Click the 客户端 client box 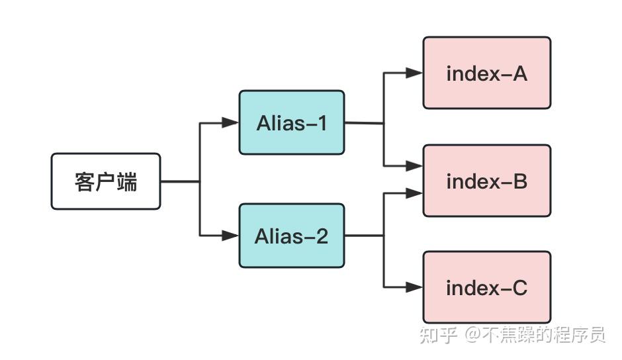[x=106, y=181]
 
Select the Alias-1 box [x=291, y=122]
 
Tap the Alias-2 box [x=291, y=236]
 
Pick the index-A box [x=486, y=73]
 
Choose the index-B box [x=486, y=181]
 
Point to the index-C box [x=486, y=287]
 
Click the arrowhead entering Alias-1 [x=230, y=122]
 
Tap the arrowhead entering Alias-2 [x=230, y=236]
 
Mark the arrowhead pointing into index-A [x=414, y=73]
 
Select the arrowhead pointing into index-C [x=414, y=287]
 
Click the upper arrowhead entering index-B [x=414, y=166]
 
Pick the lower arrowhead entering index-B [x=414, y=193]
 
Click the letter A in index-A [x=519, y=73]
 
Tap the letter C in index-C [x=519, y=288]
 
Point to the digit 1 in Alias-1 [x=321, y=123]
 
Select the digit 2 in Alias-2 [x=321, y=236]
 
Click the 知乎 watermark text [x=439, y=336]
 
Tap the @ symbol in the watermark [x=472, y=336]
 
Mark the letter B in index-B [x=520, y=181]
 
